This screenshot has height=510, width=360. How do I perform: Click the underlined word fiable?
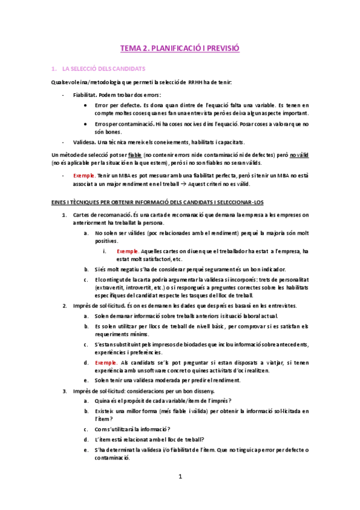(x=135, y=155)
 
